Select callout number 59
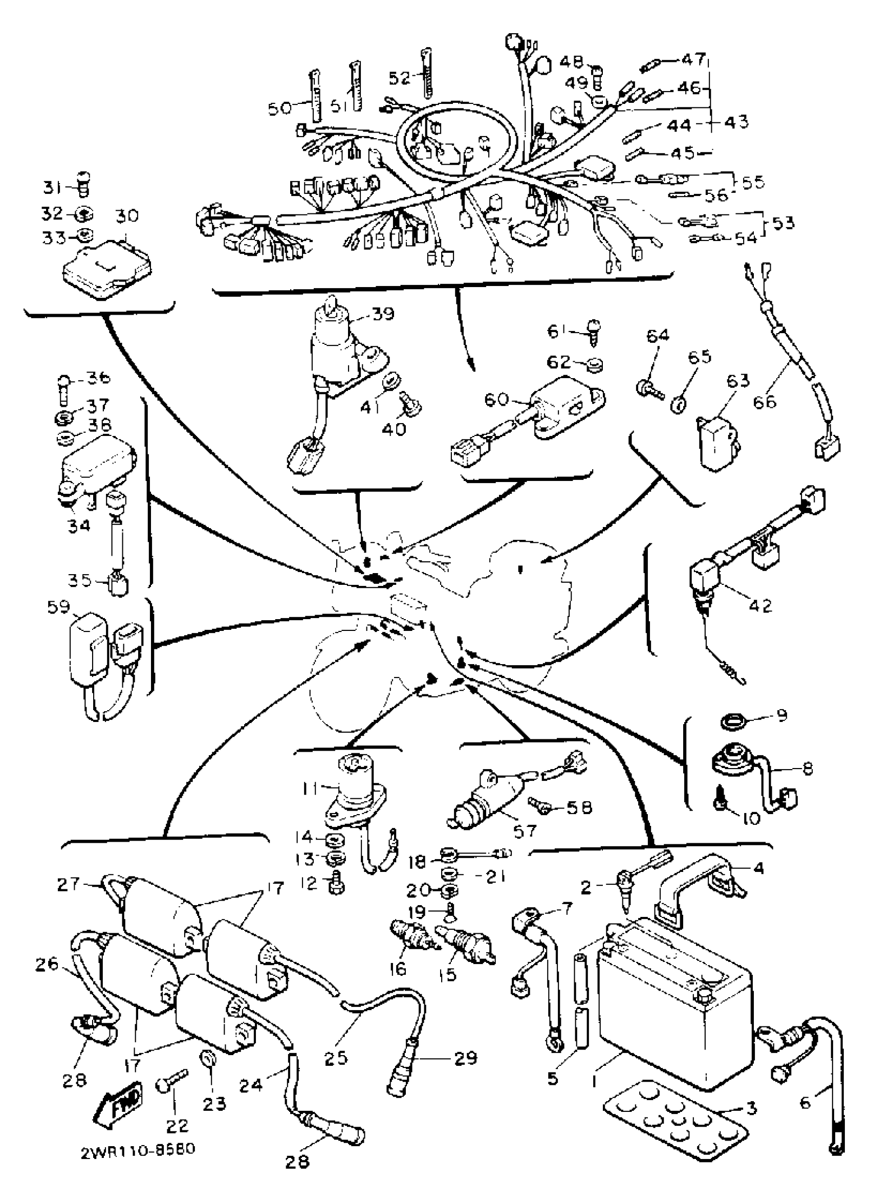(x=58, y=607)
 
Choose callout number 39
(x=383, y=313)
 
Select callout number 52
(x=399, y=78)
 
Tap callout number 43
(x=736, y=122)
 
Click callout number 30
(x=126, y=216)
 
